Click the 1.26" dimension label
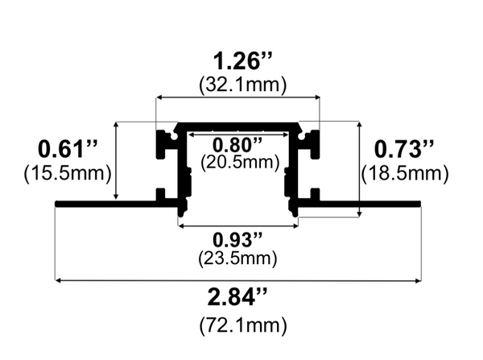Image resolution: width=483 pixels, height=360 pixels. click(x=237, y=61)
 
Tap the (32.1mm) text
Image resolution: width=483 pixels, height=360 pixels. click(x=237, y=85)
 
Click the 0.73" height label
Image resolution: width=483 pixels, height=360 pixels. click(x=404, y=149)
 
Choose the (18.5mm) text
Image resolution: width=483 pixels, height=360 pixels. click(x=404, y=172)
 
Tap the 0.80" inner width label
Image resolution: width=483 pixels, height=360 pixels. click(x=237, y=145)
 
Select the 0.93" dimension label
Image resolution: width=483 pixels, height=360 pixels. click(x=237, y=240)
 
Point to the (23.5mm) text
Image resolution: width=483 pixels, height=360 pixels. click(x=237, y=259)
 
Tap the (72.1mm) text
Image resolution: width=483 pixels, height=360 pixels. click(x=237, y=325)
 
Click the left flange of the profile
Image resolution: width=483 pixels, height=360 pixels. click(x=105, y=203)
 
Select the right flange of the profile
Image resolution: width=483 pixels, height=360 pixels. click(x=370, y=203)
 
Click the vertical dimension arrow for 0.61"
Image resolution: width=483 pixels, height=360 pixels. click(x=118, y=161)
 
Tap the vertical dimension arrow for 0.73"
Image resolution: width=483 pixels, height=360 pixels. click(x=358, y=169)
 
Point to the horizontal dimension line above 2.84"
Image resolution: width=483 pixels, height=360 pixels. click(x=237, y=280)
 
